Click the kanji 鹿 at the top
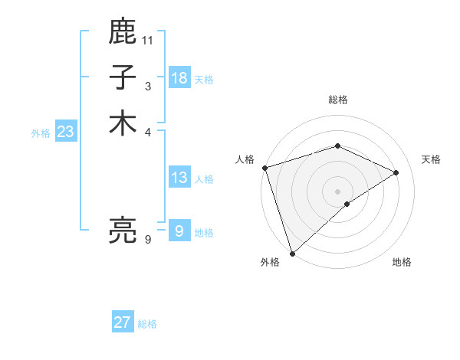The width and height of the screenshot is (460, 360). click(x=123, y=32)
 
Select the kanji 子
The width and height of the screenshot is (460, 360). click(x=123, y=77)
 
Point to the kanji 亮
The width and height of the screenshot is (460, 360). click(x=123, y=230)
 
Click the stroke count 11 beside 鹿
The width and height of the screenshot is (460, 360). click(x=148, y=40)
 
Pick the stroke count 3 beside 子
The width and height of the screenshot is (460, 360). click(x=148, y=86)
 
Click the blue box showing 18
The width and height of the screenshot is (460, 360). click(x=179, y=78)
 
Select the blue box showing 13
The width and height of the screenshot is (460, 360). click(x=179, y=178)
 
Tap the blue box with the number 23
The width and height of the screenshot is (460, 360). click(x=66, y=132)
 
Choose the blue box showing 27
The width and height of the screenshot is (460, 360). click(x=123, y=322)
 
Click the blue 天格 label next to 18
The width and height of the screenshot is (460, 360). click(x=204, y=80)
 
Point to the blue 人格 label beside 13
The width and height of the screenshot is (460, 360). click(x=204, y=179)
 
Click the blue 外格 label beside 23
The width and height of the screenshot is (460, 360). click(x=41, y=133)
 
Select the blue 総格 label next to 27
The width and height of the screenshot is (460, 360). click(x=147, y=324)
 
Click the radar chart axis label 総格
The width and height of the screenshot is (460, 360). click(x=338, y=100)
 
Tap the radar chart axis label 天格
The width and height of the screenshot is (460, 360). click(x=431, y=159)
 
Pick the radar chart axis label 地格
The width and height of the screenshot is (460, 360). click(x=402, y=262)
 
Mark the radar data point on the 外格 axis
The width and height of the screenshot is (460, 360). click(x=292, y=253)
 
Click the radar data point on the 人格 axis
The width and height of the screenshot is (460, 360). click(x=264, y=167)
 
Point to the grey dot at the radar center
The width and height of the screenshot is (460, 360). click(x=338, y=191)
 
